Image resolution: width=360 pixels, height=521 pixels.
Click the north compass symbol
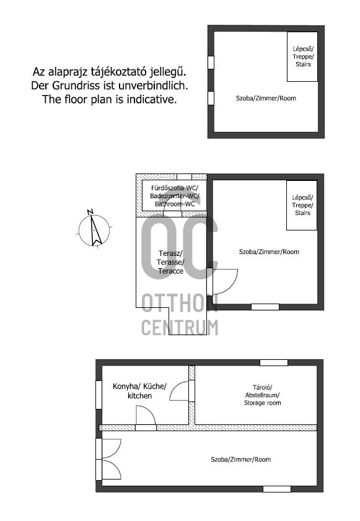pyautogui.click(x=94, y=229)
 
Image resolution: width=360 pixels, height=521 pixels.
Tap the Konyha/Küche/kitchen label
pyautogui.click(x=139, y=391)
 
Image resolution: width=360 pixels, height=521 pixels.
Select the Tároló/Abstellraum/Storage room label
pyautogui.click(x=262, y=395)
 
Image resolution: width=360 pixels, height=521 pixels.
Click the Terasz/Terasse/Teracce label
pyautogui.click(x=170, y=262)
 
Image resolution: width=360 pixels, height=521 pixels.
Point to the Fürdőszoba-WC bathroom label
pyautogui.click(x=175, y=196)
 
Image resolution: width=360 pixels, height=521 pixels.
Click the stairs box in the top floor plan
pyautogui.click(x=302, y=56)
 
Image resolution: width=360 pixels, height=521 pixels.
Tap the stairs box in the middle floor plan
pyautogui.click(x=302, y=205)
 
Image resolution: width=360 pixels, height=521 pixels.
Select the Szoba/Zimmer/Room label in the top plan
pyautogui.click(x=266, y=99)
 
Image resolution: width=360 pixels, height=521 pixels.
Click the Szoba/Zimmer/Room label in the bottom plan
pyautogui.click(x=240, y=460)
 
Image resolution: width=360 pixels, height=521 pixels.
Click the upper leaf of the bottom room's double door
pyautogui.click(x=110, y=449)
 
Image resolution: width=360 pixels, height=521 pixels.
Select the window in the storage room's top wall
pyautogui.click(x=274, y=362)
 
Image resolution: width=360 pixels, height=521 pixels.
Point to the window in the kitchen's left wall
pyautogui.click(x=99, y=395)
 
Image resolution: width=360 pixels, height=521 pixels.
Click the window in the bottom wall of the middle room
pyautogui.click(x=265, y=307)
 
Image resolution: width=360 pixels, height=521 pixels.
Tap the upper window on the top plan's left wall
pyautogui.click(x=211, y=63)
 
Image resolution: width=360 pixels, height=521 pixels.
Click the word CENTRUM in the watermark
pyautogui.click(x=180, y=327)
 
